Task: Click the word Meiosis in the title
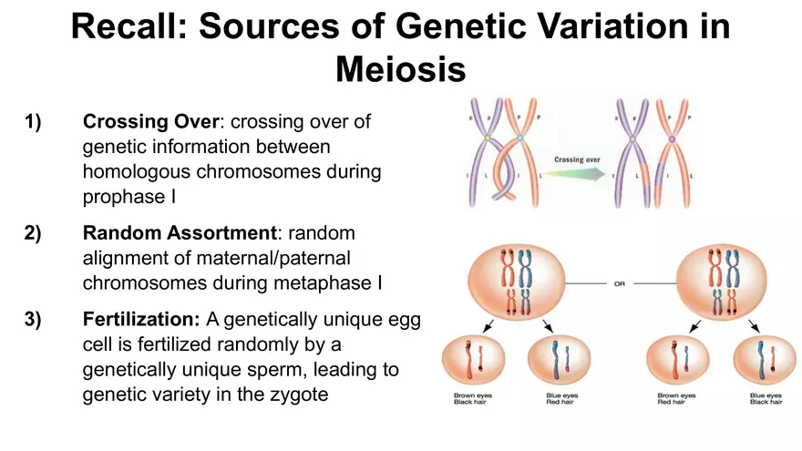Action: pos(401,68)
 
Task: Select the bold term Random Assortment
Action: pos(174,232)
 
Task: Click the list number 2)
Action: pos(34,232)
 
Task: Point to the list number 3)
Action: pos(34,321)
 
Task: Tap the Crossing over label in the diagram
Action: pos(578,159)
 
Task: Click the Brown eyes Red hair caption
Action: pos(676,399)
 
